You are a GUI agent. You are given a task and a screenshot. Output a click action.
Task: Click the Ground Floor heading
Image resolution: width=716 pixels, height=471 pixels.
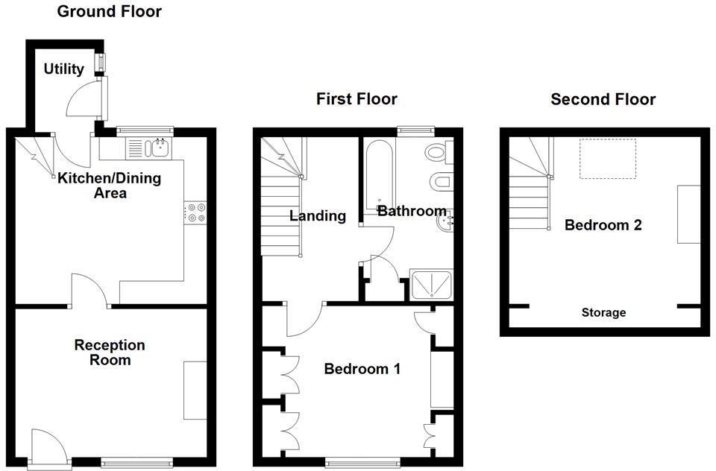pyautogui.click(x=109, y=11)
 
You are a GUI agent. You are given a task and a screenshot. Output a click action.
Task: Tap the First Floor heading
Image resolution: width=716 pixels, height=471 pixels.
pyautogui.click(x=357, y=98)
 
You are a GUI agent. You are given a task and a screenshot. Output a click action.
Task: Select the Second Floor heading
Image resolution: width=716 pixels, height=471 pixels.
pyautogui.click(x=603, y=99)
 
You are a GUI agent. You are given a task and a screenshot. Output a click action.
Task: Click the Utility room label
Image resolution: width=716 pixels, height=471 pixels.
pyautogui.click(x=63, y=69)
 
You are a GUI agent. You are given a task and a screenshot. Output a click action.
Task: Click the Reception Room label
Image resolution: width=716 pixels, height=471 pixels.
pyautogui.click(x=110, y=353)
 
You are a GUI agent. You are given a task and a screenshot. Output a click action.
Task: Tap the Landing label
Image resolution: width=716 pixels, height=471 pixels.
pyautogui.click(x=318, y=216)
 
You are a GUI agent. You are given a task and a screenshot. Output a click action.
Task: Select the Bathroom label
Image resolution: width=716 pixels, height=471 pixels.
pyautogui.click(x=411, y=211)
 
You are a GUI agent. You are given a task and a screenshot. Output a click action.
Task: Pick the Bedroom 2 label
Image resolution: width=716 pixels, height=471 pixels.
pyautogui.click(x=603, y=225)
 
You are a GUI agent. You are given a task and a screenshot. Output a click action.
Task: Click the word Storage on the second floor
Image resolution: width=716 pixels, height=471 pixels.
pyautogui.click(x=603, y=312)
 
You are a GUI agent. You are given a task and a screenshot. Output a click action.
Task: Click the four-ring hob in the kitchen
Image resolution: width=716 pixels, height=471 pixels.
pyautogui.click(x=196, y=212)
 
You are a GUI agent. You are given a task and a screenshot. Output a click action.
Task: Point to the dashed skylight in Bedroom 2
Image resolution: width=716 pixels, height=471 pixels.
pyautogui.click(x=607, y=158)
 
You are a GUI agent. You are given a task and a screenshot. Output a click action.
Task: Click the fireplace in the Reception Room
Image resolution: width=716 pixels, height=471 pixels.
pyautogui.click(x=195, y=390)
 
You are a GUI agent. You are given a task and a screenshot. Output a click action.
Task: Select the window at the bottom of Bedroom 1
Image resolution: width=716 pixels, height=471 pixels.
pyautogui.click(x=362, y=463)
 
